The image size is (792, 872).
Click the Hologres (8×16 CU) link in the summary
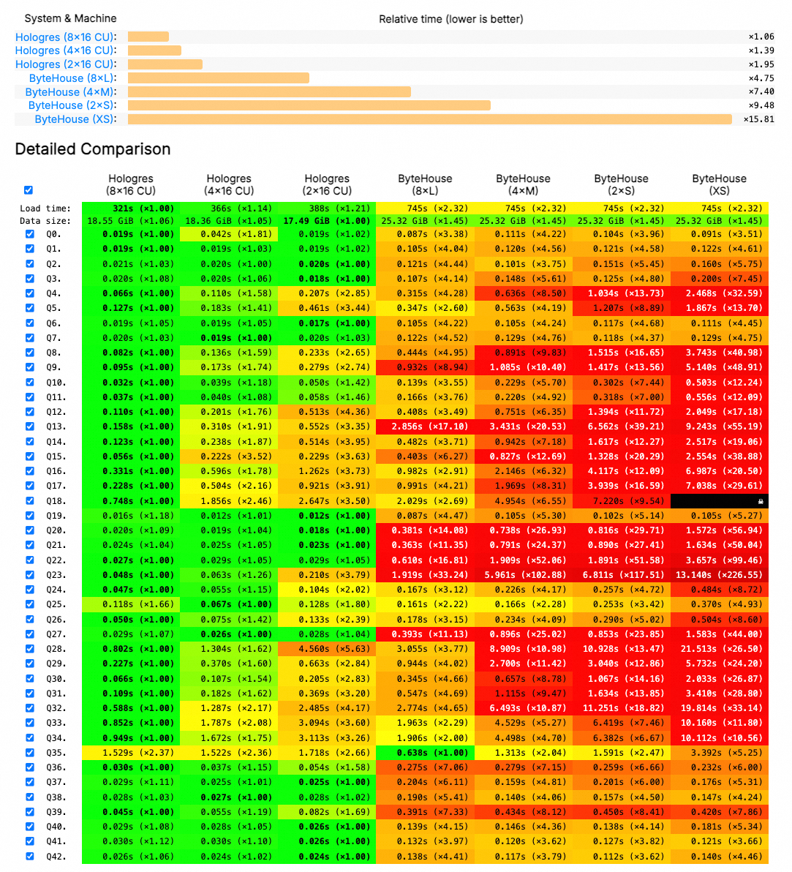(66, 37)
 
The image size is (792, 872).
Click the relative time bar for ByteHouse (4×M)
(269, 92)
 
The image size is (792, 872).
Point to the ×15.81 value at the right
(758, 119)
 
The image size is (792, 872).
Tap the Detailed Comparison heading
(93, 149)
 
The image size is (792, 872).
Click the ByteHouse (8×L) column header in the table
(425, 184)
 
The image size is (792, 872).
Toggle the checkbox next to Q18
(30, 501)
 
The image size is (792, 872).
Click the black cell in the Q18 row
(719, 501)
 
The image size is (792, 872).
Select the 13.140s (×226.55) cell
(719, 575)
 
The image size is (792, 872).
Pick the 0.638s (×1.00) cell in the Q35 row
(425, 753)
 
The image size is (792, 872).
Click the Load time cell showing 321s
(131, 208)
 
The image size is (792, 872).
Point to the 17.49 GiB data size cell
(327, 221)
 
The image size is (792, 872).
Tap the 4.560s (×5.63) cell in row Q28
(327, 649)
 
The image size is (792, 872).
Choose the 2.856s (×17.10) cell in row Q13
(425, 426)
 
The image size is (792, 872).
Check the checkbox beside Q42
(30, 856)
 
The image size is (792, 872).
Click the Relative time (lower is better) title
(450, 19)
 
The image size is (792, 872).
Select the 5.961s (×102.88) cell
(523, 575)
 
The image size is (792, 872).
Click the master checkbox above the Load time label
(29, 190)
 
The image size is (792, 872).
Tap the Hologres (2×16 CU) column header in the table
(327, 184)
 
